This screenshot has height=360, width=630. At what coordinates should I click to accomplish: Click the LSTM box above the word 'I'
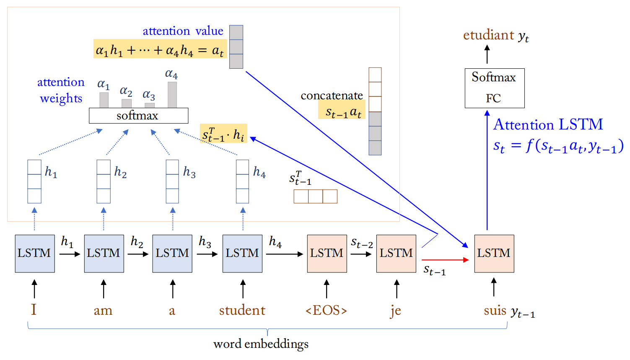35,254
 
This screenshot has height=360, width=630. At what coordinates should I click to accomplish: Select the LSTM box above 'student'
242,254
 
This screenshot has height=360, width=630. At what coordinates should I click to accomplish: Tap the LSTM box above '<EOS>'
327,254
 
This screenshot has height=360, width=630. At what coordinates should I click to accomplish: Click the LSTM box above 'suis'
494,254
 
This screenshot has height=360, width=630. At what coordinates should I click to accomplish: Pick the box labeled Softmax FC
495,88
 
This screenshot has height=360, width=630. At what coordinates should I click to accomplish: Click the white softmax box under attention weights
138,116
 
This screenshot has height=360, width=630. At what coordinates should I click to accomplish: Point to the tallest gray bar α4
172,94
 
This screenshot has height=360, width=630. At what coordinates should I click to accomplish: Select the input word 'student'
242,311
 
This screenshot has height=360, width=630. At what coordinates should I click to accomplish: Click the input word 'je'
396,311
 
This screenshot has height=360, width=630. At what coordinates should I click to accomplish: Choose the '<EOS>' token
327,311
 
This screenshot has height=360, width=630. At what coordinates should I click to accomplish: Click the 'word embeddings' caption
261,344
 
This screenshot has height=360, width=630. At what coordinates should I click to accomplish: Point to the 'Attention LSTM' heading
548,124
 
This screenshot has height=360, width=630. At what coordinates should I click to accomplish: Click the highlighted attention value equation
160,49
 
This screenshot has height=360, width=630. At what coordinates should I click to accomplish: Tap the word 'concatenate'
332,96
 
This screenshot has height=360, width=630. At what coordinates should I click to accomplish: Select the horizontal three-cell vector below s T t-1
315,197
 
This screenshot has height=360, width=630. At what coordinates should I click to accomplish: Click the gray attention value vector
236,47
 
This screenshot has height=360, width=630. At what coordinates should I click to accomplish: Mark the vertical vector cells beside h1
34,181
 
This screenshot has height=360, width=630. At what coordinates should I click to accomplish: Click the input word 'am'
103,311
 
